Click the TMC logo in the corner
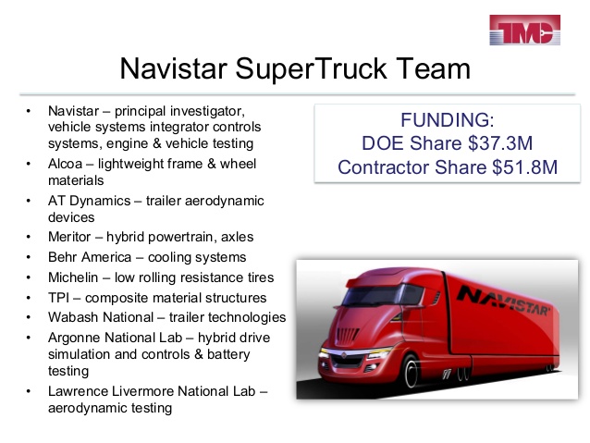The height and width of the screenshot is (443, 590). pos(524,30)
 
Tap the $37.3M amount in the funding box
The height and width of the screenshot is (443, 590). pos(500,143)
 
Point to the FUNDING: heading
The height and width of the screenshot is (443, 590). pos(447,120)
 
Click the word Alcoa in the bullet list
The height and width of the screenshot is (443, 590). pos(65,164)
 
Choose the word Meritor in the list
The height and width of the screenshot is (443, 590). pos(69,237)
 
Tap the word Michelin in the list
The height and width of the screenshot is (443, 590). pos(73,277)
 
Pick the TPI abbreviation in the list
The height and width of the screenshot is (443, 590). pos(58,298)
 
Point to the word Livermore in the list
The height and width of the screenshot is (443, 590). pos(142,391)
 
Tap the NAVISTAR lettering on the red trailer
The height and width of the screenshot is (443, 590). pos(504,301)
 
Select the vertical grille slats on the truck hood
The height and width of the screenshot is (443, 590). pos(348,334)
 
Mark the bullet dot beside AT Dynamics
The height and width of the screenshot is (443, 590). pos(29,201)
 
